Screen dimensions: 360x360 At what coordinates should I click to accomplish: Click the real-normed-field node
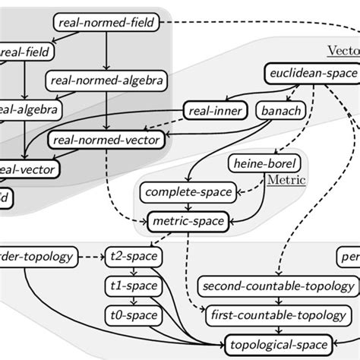[106, 23]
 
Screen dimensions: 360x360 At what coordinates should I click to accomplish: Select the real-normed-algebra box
[106, 79]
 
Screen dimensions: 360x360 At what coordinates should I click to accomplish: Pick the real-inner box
[215, 112]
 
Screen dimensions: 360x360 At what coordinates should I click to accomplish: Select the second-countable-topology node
[278, 286]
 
